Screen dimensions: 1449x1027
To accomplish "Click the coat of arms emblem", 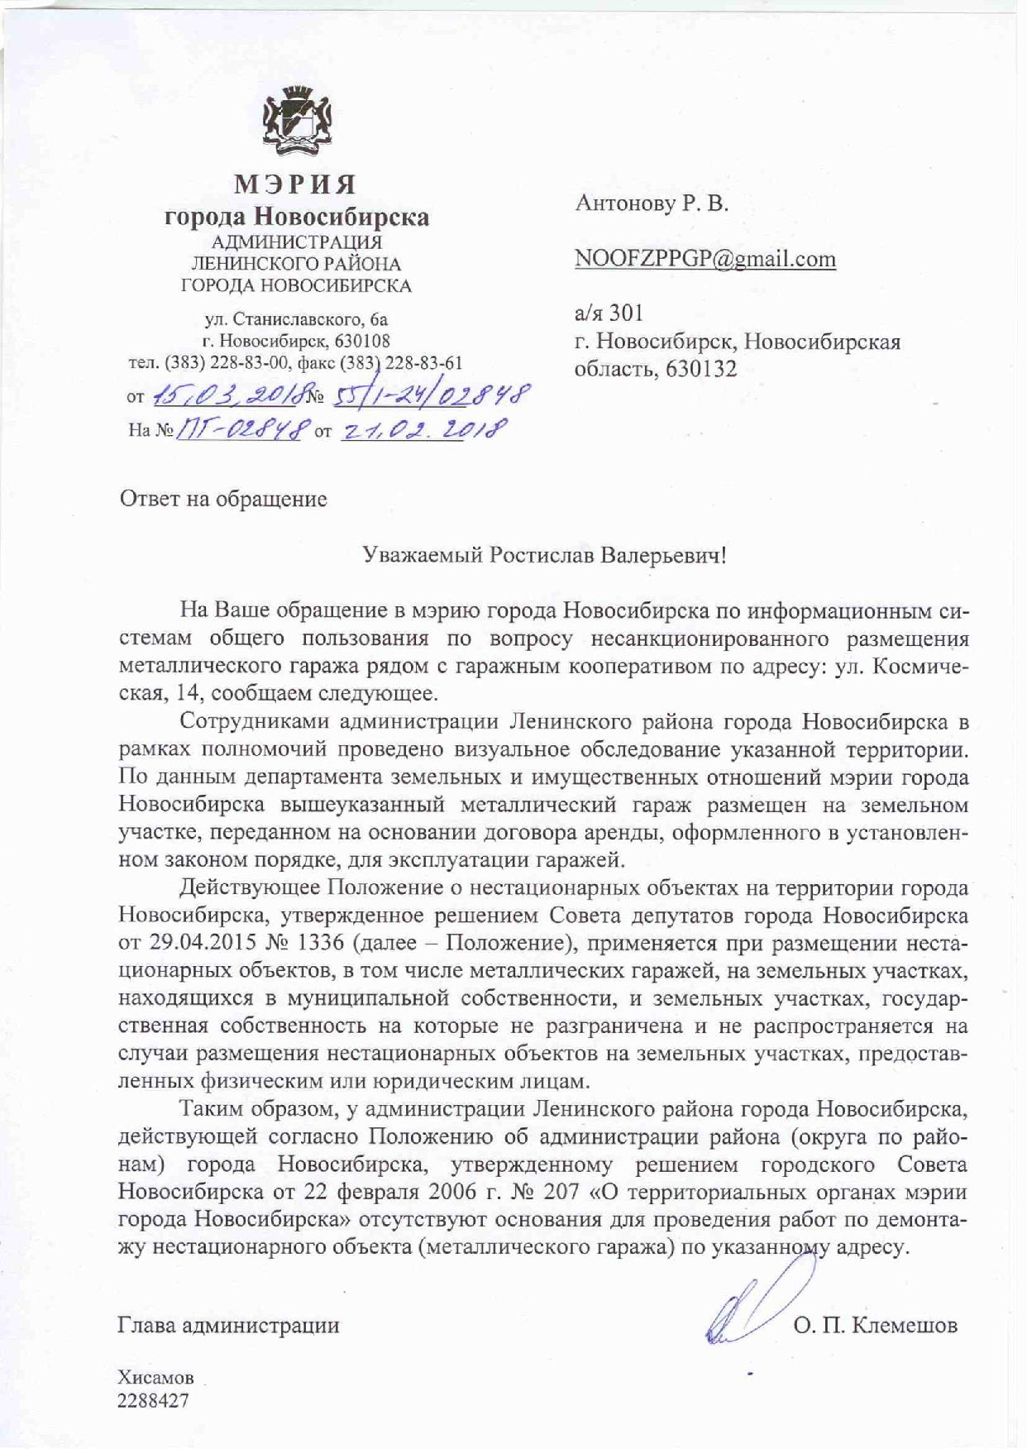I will tap(296, 127).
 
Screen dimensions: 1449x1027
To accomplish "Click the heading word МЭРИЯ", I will tap(296, 183).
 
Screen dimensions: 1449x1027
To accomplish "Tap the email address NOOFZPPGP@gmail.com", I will tap(705, 259).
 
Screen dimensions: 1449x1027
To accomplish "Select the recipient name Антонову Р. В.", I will tap(652, 203).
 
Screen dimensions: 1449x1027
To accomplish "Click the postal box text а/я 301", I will tap(609, 313).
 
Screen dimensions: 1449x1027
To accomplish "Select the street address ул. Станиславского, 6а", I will tap(296, 319).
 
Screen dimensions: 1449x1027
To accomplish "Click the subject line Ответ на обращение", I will tap(223, 499).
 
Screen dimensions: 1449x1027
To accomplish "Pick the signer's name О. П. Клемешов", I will tap(875, 1326).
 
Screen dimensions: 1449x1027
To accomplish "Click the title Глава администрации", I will tap(229, 1326).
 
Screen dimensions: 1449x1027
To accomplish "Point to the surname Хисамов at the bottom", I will tap(156, 1378).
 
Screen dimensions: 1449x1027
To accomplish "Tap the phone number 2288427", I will tap(153, 1400).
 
